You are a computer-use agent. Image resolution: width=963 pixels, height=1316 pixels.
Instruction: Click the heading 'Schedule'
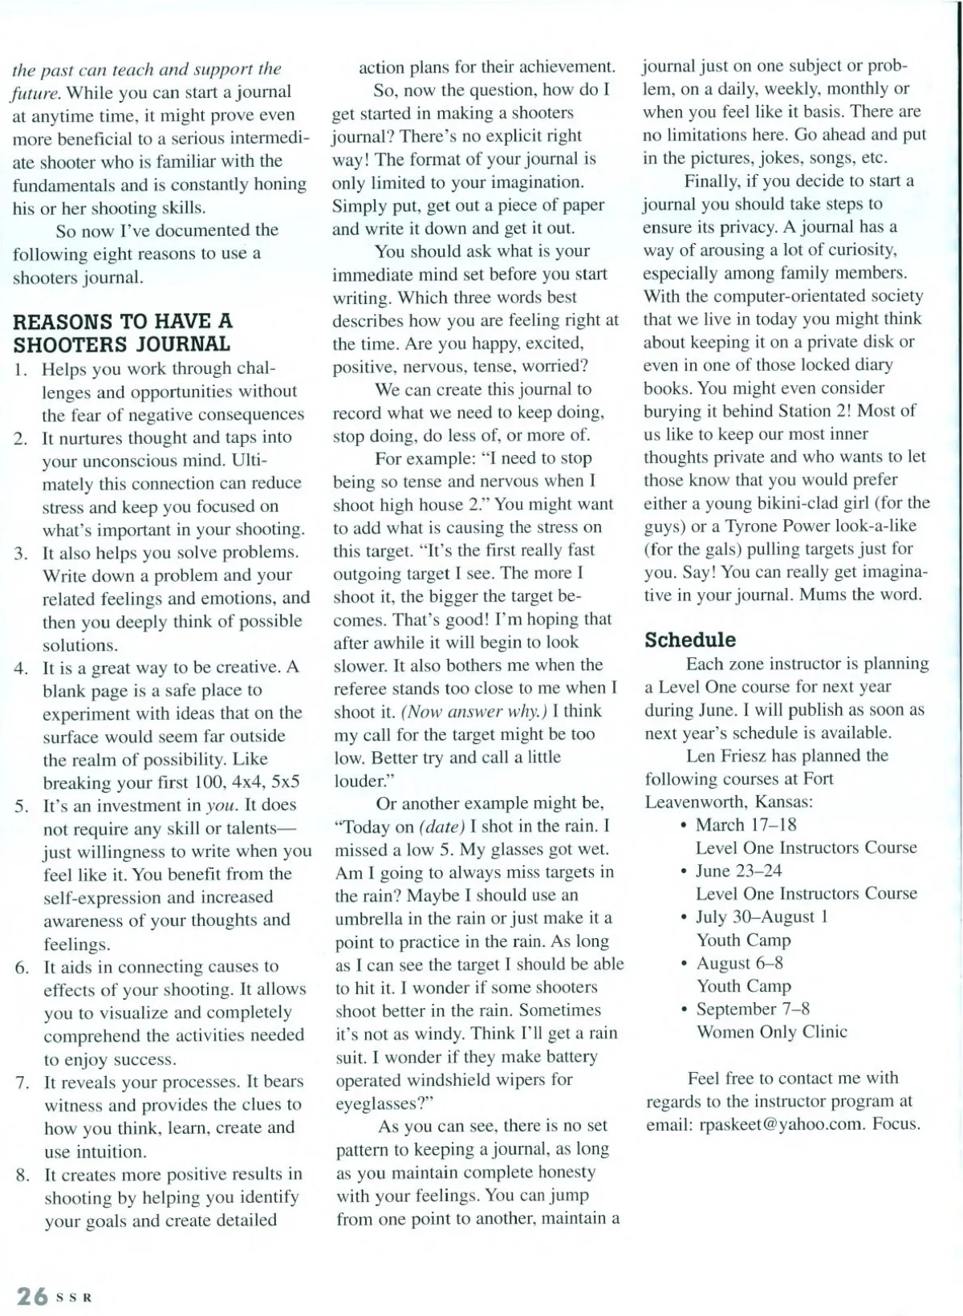pyautogui.click(x=690, y=640)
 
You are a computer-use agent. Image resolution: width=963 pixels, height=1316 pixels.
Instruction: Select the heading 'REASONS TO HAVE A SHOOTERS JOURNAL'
pyautogui.click(x=122, y=333)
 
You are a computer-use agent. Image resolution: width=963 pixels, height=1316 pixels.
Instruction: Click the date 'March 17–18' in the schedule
pyautogui.click(x=746, y=824)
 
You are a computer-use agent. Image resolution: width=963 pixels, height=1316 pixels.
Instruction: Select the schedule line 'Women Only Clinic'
pyautogui.click(x=771, y=1031)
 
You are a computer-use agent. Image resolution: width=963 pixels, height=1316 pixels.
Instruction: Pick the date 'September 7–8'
pyautogui.click(x=753, y=1009)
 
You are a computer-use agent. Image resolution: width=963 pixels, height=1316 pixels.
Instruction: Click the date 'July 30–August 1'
pyautogui.click(x=762, y=916)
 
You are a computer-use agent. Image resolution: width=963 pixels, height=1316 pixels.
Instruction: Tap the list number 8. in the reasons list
pyautogui.click(x=22, y=1176)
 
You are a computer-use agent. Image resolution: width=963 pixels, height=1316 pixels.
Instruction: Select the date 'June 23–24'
pyautogui.click(x=738, y=871)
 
